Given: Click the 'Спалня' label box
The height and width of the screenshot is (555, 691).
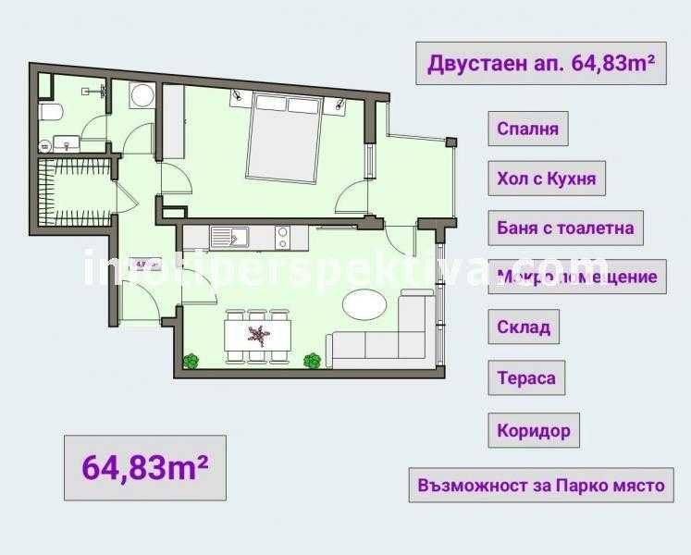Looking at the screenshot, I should [527, 129].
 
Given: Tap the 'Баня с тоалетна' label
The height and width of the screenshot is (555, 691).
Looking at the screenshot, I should [565, 227].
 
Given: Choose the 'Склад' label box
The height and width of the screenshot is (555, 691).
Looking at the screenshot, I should [524, 327].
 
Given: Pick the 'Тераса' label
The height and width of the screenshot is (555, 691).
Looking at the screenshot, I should [526, 377].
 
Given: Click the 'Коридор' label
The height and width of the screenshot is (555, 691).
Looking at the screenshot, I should [533, 430].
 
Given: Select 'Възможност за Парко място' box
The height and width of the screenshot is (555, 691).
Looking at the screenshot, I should [540, 485].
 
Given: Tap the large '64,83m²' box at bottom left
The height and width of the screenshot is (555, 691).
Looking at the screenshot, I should [145, 466].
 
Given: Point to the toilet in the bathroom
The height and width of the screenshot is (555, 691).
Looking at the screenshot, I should [52, 114].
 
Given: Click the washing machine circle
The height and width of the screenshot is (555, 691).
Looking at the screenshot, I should [142, 97].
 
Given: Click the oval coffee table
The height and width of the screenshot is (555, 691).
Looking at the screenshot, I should [366, 304].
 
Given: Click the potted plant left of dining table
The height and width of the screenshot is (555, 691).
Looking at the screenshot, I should [191, 360].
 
